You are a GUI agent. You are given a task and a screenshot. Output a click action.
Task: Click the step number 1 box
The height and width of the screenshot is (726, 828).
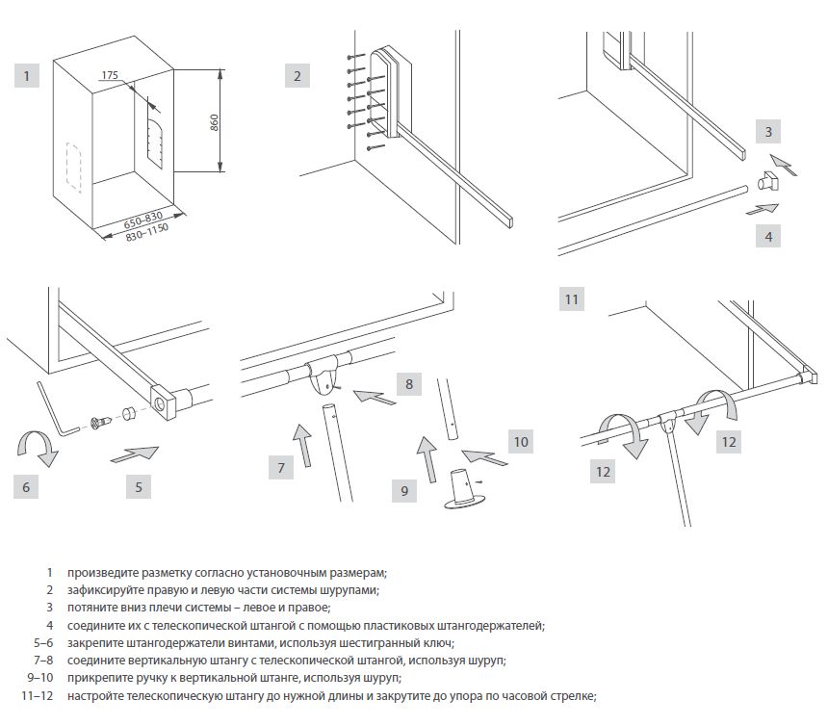point(27,75)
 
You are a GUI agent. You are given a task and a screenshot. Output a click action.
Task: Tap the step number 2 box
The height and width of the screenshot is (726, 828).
point(298,75)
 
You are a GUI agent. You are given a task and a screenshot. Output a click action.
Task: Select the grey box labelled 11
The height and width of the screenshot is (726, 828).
point(572,298)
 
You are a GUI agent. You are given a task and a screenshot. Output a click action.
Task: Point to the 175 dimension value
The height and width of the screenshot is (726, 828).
point(109,74)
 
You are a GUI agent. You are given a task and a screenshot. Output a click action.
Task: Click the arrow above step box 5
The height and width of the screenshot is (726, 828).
point(134,452)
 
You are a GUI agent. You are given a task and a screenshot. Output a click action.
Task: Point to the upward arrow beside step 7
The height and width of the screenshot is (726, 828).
point(301,445)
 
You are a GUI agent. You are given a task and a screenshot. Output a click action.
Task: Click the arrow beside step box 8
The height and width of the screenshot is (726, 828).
point(375,396)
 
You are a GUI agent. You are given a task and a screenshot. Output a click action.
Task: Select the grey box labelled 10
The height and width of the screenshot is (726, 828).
point(520,442)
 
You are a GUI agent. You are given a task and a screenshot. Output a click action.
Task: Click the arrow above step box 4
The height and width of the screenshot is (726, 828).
point(763,207)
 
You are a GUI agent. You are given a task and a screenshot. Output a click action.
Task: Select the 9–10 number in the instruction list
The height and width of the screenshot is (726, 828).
point(40,678)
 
